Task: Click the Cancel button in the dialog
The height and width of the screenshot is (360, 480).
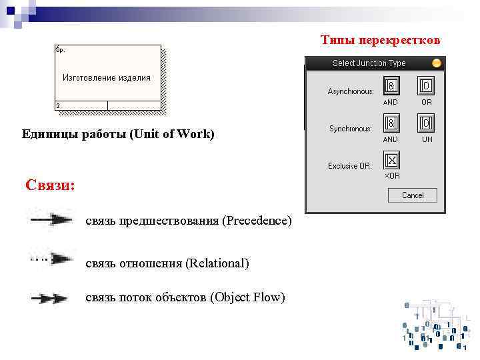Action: (x=413, y=195)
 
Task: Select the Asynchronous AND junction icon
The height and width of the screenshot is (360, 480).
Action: (x=391, y=87)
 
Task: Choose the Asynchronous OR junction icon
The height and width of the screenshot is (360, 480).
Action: (x=426, y=87)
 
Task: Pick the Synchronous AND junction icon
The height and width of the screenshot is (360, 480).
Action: (x=391, y=124)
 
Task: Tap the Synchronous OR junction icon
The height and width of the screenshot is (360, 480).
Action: (x=426, y=124)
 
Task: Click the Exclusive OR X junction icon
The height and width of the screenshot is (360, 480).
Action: (x=391, y=161)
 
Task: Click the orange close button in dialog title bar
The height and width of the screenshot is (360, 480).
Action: (x=436, y=63)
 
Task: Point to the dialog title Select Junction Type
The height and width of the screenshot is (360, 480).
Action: (x=369, y=63)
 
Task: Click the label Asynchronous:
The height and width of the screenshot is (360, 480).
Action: (x=350, y=91)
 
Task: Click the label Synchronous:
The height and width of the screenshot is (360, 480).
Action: (x=351, y=129)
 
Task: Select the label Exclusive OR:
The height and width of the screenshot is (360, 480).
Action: (x=349, y=166)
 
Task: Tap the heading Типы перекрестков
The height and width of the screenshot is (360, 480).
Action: (x=380, y=41)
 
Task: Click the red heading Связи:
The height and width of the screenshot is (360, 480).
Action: (x=50, y=185)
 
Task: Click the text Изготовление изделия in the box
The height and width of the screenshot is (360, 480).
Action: (x=107, y=78)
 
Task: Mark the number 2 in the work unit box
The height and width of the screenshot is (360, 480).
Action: (x=58, y=106)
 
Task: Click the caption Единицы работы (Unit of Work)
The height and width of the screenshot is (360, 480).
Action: (x=118, y=135)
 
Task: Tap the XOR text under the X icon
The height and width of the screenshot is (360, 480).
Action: (x=391, y=176)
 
